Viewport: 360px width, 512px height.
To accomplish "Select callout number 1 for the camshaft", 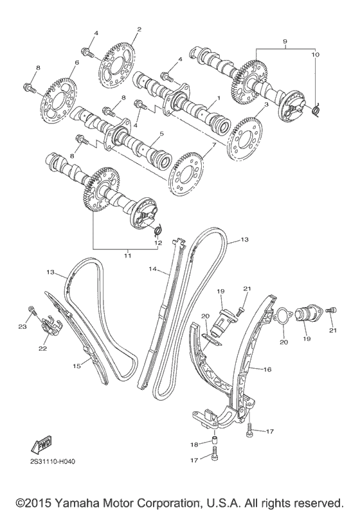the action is pyautogui.click(x=218, y=98).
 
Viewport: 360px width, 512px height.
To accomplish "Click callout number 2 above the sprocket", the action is pyautogui.click(x=139, y=30).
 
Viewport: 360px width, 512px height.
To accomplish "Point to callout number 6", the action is pyautogui.click(x=76, y=62).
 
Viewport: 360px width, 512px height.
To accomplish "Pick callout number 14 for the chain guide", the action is pyautogui.click(x=152, y=269).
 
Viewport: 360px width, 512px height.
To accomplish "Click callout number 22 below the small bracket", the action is pyautogui.click(x=42, y=348).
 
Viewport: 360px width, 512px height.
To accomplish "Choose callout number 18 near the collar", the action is pyautogui.click(x=195, y=445).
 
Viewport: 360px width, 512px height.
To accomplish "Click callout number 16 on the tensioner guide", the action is pyautogui.click(x=267, y=369).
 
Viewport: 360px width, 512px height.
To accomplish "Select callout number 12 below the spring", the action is pyautogui.click(x=158, y=243).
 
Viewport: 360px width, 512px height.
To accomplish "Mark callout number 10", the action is pyautogui.click(x=315, y=55).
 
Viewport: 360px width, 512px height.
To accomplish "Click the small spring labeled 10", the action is pyautogui.click(x=316, y=109).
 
